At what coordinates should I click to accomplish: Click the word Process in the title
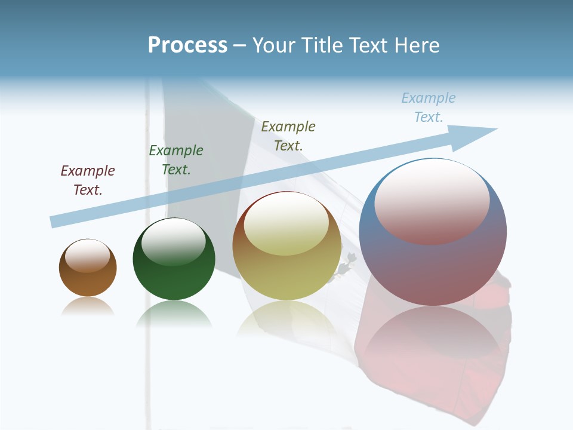(187, 45)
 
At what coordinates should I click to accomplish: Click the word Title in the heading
(321, 45)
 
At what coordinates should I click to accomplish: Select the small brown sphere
(88, 268)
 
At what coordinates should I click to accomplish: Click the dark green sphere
(174, 259)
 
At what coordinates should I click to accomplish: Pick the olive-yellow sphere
(286, 246)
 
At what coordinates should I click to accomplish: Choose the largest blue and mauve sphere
(433, 232)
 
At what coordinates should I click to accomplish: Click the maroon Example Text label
(88, 180)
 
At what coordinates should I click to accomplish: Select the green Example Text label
(176, 160)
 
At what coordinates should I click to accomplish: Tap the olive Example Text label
(288, 136)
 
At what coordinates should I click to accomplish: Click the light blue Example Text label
(429, 107)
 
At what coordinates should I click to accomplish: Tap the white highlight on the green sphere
(174, 242)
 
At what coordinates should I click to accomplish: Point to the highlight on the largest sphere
(432, 200)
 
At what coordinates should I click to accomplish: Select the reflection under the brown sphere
(88, 306)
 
